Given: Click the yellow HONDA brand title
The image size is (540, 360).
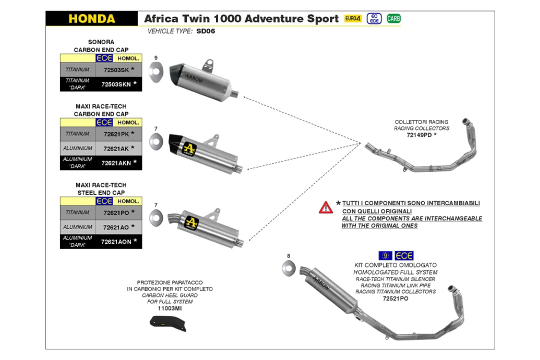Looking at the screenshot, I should [91, 19].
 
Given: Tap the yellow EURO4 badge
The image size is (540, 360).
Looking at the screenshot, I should [353, 18].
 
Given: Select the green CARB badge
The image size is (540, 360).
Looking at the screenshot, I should [393, 18].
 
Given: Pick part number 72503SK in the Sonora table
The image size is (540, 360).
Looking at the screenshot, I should [116, 70].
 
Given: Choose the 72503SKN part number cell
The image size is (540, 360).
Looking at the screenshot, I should [116, 84].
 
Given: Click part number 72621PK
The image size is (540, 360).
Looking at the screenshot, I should [116, 134].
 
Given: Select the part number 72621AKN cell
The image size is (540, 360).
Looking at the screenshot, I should [116, 163].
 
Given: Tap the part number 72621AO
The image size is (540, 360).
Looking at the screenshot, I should [116, 227].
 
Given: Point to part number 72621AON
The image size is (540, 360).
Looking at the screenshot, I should [116, 241].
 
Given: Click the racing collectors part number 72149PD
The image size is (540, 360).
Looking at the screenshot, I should [419, 135].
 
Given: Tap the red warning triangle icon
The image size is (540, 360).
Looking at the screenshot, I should [326, 207].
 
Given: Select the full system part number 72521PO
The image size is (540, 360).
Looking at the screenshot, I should [395, 298].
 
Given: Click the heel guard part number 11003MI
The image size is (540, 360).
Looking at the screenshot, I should [169, 308].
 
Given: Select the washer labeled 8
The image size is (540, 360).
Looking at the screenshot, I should [288, 268].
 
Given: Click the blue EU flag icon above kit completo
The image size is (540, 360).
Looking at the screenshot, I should [385, 255].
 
